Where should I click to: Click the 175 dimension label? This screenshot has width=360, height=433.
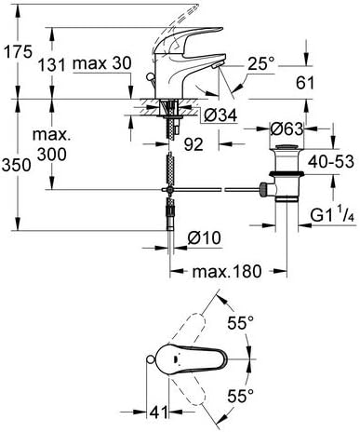pyautogui.click(x=18, y=51)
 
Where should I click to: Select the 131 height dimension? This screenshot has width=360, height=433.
pyautogui.click(x=51, y=65)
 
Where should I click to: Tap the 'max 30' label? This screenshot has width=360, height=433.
pyautogui.click(x=102, y=63)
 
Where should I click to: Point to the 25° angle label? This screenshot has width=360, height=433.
pyautogui.click(x=261, y=64)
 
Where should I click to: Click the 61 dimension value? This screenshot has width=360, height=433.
pyautogui.click(x=305, y=83)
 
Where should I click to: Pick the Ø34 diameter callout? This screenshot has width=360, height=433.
pyautogui.click(x=220, y=115)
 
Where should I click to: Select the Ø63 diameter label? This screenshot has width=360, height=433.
pyautogui.click(x=287, y=129)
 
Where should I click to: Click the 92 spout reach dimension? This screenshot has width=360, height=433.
pyautogui.click(x=193, y=144)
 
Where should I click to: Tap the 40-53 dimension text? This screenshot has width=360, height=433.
pyautogui.click(x=331, y=162)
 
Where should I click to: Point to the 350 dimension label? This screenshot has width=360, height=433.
pyautogui.click(x=17, y=165)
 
